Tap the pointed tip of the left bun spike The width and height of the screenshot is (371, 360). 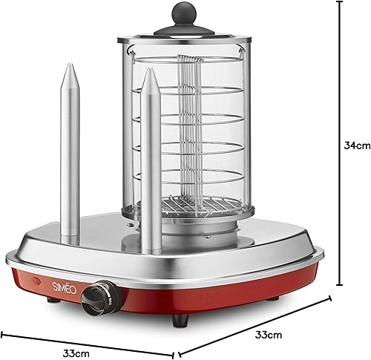pyautogui.click(x=70, y=65)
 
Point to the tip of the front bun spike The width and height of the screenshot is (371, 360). pyautogui.click(x=151, y=69)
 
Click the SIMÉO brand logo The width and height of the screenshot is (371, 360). pyautogui.click(x=65, y=288)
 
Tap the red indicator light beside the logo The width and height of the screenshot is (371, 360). pyautogui.click(x=36, y=281)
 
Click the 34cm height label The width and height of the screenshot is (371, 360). pyautogui.click(x=357, y=145)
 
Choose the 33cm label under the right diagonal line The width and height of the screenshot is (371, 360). pyautogui.click(x=269, y=335)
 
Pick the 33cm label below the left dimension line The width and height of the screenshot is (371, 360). pyautogui.click(x=76, y=353)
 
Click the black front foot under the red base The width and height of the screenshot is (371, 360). pyautogui.click(x=180, y=321)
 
